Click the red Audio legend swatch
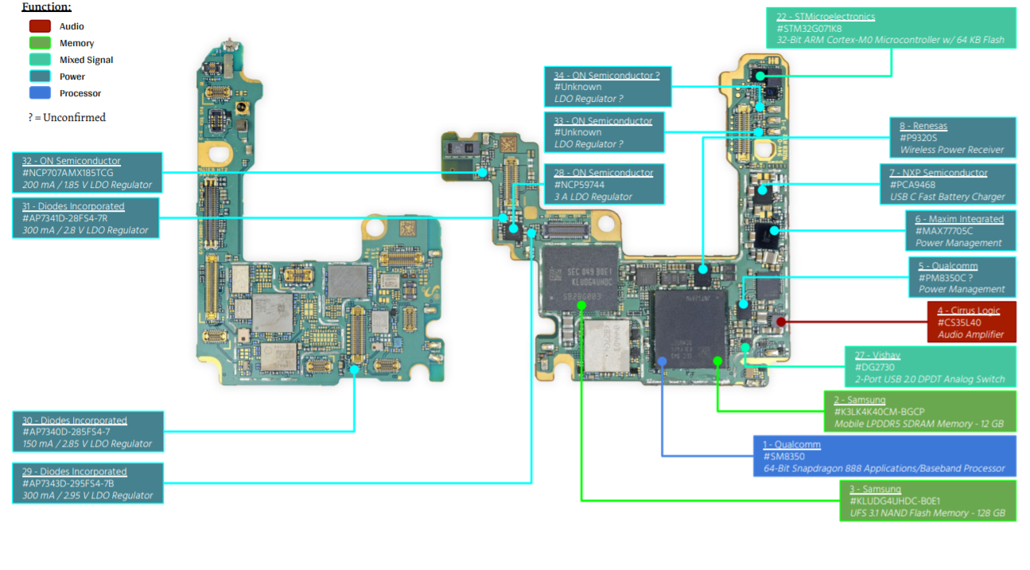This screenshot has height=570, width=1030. tap(40, 26)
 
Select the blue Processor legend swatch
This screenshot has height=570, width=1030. tap(40, 93)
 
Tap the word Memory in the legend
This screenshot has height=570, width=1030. tap(76, 43)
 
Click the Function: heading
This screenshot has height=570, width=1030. tap(46, 7)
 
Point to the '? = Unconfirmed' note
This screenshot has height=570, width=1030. tap(67, 117)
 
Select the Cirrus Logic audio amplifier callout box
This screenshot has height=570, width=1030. tap(971, 322)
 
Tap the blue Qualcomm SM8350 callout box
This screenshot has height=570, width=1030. tap(884, 456)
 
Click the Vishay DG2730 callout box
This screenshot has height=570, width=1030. tap(929, 367)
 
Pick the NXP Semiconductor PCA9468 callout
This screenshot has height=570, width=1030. tap(947, 184)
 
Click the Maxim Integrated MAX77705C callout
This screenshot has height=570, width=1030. tap(960, 231)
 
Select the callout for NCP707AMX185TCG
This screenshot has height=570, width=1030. tap(87, 173)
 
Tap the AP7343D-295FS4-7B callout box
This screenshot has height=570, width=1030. tap(87, 483)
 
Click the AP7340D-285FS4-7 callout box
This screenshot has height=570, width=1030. tap(87, 431)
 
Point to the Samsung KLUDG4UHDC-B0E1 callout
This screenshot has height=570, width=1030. tap(927, 501)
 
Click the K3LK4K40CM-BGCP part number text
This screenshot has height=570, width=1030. tap(879, 412)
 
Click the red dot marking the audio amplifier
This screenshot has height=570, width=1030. tap(781, 322)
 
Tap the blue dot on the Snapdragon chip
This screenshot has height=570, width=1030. tap(662, 361)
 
